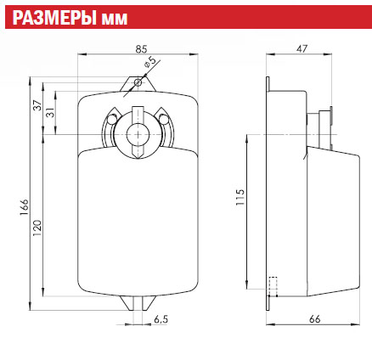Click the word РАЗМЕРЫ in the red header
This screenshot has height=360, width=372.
point(54,18)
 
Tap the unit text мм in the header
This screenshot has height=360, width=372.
point(114,20)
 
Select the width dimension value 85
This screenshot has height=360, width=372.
point(141,49)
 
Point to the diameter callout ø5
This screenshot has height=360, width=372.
point(150,62)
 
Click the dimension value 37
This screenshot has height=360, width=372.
point(38,105)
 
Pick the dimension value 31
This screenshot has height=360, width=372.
point(51,114)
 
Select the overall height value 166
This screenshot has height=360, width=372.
point(25,207)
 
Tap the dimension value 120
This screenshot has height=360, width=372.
point(37,228)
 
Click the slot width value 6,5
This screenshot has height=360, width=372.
point(161,319)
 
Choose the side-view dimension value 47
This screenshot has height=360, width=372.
point(302,48)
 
